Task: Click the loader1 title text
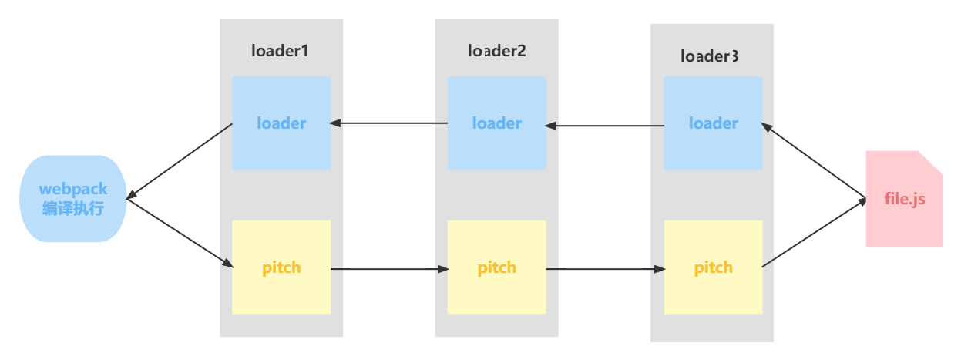click(x=281, y=51)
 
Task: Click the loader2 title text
click(x=496, y=51)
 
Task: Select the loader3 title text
click(x=710, y=56)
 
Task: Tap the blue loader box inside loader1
click(x=281, y=123)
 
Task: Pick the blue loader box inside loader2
click(x=496, y=123)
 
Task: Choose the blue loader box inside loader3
click(x=713, y=123)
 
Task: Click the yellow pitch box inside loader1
click(x=281, y=267)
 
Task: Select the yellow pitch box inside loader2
click(x=496, y=267)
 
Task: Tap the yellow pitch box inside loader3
click(x=713, y=267)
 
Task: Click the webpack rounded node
click(x=72, y=199)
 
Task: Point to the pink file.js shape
click(x=903, y=199)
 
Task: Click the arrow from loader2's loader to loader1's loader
click(x=389, y=123)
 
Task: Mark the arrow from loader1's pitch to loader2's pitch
click(x=389, y=270)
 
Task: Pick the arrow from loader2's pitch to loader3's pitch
click(x=605, y=270)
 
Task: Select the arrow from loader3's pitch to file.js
click(x=813, y=234)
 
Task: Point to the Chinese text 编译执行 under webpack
click(x=72, y=209)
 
